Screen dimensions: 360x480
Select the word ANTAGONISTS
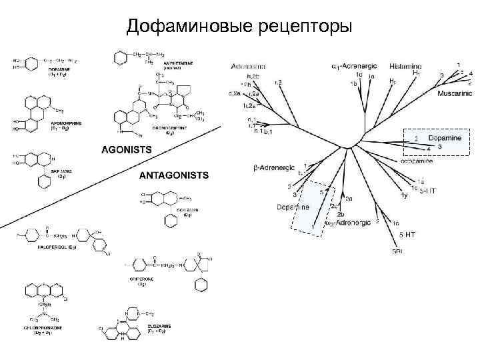click(x=173, y=175)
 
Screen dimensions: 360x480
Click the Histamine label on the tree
click(x=406, y=67)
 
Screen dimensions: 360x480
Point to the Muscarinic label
click(x=455, y=94)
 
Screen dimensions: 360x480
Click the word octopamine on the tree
click(x=417, y=161)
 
